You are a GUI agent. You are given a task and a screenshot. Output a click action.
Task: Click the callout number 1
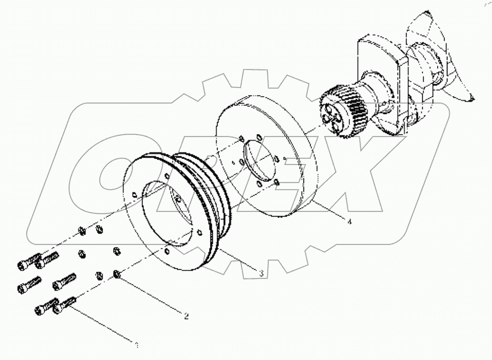point(137,344)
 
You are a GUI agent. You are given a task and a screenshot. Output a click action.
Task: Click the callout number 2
point(186,316)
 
